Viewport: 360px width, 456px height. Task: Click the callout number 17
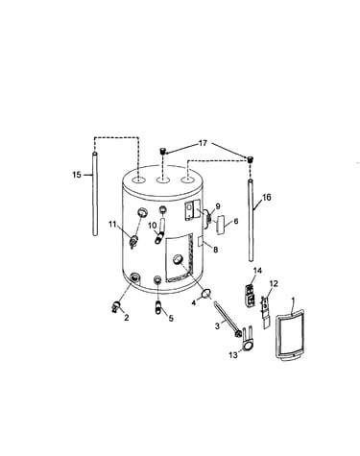point(203,143)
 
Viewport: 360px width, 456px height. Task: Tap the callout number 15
point(77,175)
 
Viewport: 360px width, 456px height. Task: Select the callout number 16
point(266,198)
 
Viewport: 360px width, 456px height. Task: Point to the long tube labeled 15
point(95,194)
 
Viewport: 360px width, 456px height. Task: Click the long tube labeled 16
point(251,221)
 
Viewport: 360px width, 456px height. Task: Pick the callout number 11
point(112,225)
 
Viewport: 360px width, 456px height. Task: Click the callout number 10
point(152,226)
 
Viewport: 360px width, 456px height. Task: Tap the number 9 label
point(218,206)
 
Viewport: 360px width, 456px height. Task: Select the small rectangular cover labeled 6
point(221,226)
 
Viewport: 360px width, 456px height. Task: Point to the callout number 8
point(215,250)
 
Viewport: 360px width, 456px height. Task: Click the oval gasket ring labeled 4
point(206,293)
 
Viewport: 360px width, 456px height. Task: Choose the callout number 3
point(217,326)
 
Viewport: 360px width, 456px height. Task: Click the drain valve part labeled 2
point(117,306)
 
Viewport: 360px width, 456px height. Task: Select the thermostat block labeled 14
point(250,295)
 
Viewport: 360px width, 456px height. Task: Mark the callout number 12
point(274,283)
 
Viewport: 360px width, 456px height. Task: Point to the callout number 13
point(233,355)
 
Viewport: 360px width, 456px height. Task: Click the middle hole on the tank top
point(163,180)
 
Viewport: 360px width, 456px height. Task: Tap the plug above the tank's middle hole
point(163,151)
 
